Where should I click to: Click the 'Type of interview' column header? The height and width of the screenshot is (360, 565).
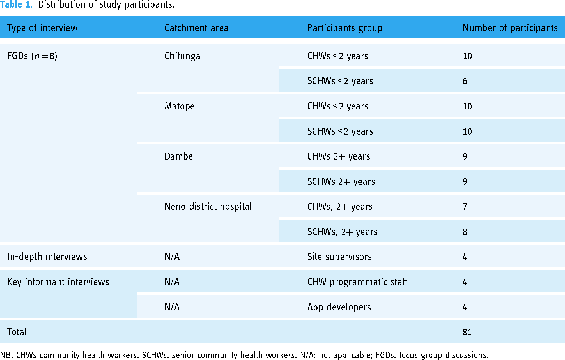[x=42, y=28]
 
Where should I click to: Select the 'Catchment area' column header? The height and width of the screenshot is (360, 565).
[x=196, y=28]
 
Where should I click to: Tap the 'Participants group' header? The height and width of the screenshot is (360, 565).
[x=345, y=28]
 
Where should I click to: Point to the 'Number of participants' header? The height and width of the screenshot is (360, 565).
[x=510, y=28]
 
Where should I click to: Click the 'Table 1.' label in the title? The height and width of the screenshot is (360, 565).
[x=17, y=5]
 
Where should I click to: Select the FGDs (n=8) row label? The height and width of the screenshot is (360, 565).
[x=32, y=56]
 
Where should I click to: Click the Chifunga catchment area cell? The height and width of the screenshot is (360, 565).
[x=182, y=56]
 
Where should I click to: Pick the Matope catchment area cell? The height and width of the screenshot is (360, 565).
[x=180, y=106]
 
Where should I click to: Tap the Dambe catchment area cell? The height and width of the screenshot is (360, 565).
[x=179, y=156]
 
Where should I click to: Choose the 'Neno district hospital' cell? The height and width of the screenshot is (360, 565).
[x=208, y=206]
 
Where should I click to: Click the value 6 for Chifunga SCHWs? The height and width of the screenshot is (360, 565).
[x=465, y=81]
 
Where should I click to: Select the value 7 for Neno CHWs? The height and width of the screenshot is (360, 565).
[x=465, y=207]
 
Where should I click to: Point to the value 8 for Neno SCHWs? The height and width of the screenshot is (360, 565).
[x=465, y=232]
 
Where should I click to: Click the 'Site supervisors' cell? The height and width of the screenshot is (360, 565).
[x=339, y=257]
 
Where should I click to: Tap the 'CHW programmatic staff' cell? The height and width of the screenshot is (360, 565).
[x=357, y=282]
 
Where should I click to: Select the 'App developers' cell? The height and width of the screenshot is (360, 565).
[x=339, y=307]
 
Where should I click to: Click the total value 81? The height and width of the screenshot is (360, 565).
[x=467, y=332]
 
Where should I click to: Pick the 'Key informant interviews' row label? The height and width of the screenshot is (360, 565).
[x=58, y=282]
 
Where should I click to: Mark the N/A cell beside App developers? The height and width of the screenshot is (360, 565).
[x=172, y=307]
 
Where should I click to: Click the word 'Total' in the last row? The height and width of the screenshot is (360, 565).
[x=17, y=332]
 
